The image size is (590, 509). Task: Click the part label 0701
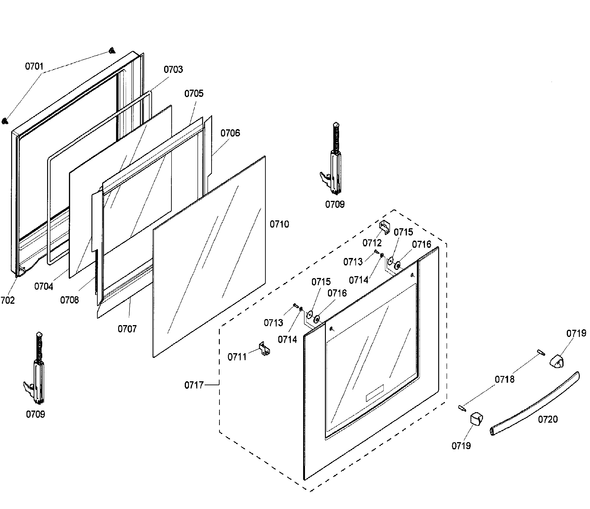pos(34,66)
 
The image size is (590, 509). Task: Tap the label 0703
pos(173,69)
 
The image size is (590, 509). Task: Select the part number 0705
pos(194,93)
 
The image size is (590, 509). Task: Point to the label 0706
pos(230,133)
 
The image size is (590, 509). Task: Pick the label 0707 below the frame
pos(127,329)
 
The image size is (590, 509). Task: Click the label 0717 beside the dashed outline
pos(194,385)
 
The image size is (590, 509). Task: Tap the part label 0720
pos(548,419)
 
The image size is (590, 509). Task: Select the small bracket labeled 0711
pos(265,349)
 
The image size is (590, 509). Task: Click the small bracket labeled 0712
pos(384,227)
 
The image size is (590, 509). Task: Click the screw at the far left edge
pos(4,121)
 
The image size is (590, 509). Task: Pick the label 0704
pos(44,286)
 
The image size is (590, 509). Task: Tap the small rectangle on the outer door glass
pos(374,393)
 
